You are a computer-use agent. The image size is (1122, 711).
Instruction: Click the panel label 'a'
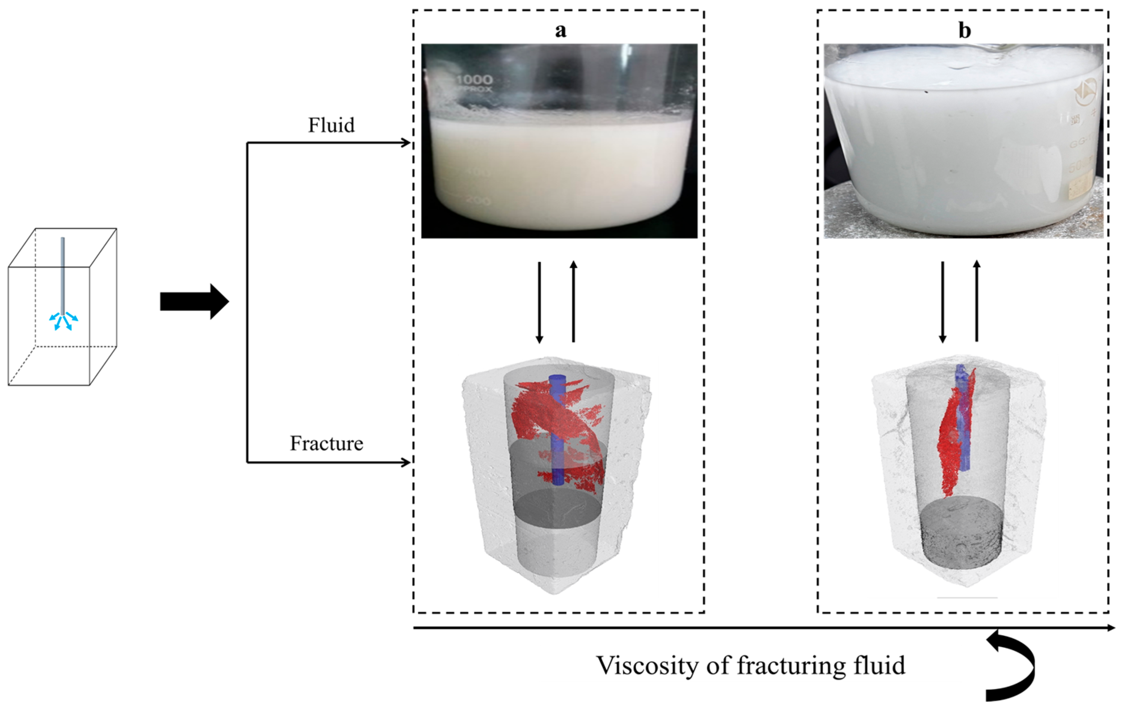[x=560, y=31]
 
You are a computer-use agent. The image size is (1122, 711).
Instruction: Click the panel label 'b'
[x=964, y=31]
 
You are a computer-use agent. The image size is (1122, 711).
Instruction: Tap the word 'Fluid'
[x=331, y=125]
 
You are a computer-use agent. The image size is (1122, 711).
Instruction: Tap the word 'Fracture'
[x=326, y=443]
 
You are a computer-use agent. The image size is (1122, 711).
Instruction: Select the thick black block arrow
[x=194, y=301]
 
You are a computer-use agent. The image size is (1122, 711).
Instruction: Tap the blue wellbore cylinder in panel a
[x=557, y=434]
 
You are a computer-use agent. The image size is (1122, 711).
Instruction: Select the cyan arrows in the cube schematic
[x=63, y=321]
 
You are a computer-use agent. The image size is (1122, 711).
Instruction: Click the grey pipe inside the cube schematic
[x=62, y=275]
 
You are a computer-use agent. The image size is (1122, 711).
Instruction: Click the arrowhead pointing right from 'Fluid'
[x=406, y=143]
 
